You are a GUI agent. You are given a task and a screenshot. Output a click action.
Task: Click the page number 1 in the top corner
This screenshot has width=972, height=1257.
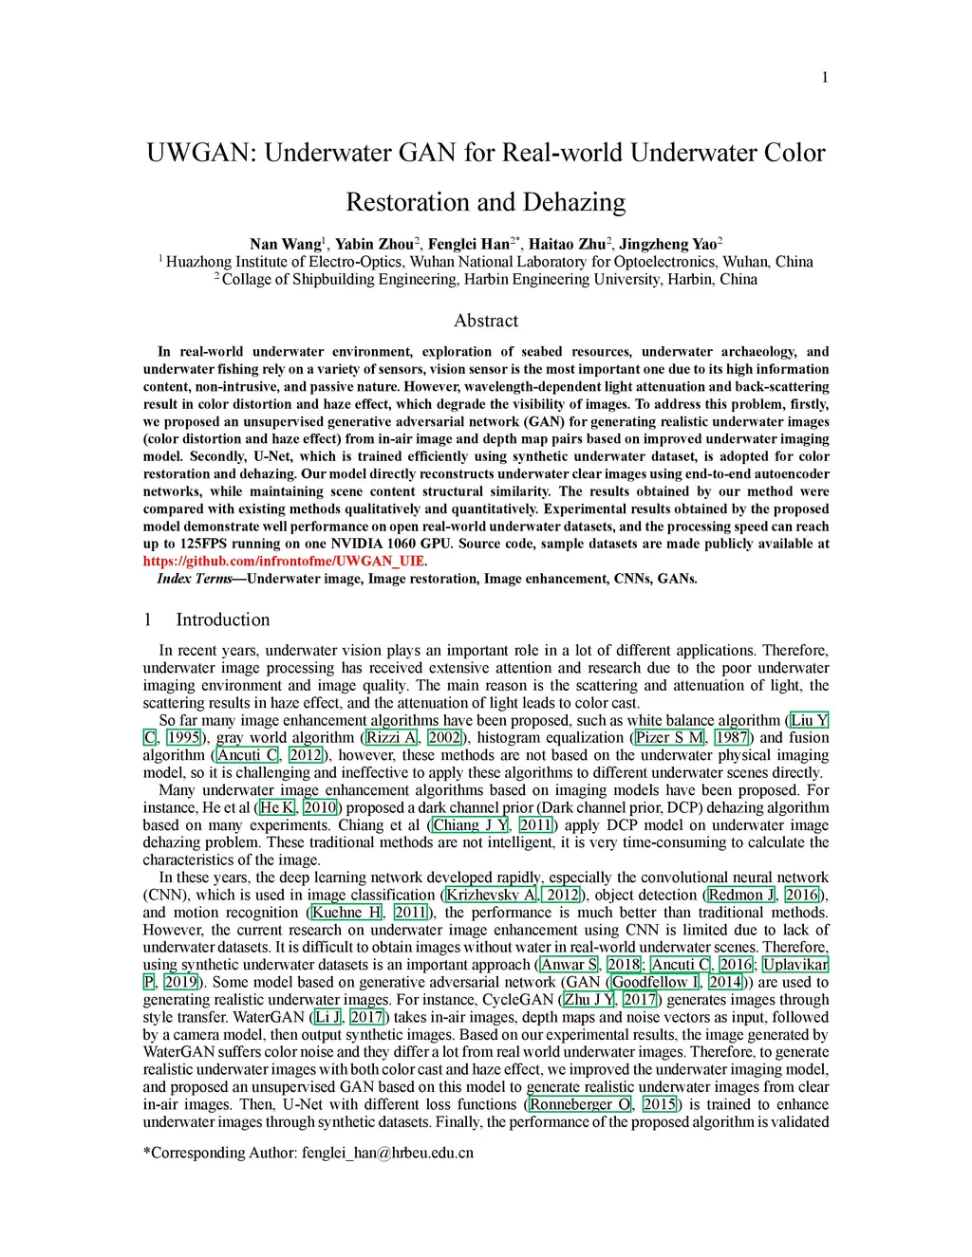tap(825, 77)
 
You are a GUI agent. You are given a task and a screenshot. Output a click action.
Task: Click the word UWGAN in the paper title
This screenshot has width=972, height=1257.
tap(199, 153)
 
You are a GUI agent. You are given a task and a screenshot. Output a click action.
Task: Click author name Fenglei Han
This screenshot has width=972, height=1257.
tap(468, 244)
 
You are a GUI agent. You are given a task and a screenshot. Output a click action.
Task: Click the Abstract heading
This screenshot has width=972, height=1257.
tap(486, 321)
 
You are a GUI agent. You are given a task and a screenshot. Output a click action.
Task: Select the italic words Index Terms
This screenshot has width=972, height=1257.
tap(194, 579)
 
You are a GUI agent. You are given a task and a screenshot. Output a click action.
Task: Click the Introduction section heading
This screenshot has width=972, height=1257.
tap(222, 619)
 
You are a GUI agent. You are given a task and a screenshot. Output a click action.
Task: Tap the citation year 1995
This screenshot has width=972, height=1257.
tap(183, 738)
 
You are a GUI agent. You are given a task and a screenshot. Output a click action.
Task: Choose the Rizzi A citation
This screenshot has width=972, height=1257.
tap(391, 738)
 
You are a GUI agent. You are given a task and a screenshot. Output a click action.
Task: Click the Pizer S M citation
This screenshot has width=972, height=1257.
tap(670, 738)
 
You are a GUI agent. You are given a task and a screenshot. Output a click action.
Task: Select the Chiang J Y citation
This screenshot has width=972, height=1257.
tap(471, 825)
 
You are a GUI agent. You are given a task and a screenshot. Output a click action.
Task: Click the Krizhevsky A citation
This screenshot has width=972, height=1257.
tap(491, 896)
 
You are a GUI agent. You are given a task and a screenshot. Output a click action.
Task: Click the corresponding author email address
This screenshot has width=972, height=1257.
tap(387, 1154)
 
